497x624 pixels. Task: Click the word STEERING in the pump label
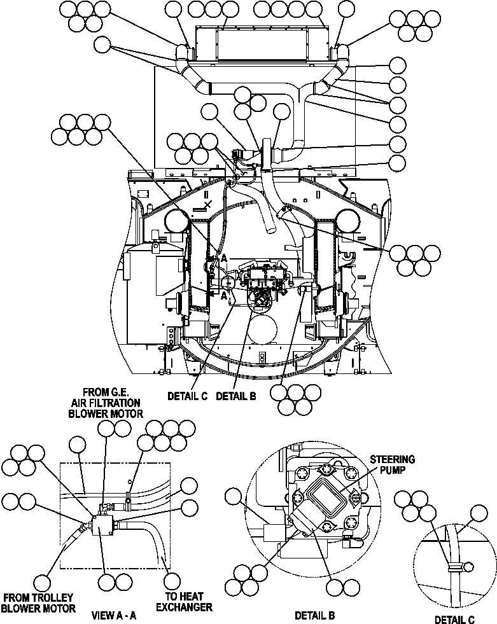point(394,459)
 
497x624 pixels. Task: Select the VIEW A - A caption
point(114,615)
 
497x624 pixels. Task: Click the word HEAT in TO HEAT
point(190,597)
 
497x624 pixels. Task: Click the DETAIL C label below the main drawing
point(188,396)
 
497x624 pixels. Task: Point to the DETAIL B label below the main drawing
point(235,396)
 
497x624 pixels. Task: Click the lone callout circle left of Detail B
point(234,497)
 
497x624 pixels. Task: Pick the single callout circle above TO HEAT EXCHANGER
point(172,581)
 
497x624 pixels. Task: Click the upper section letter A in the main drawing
point(223,258)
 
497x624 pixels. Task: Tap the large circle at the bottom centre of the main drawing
point(262,329)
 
